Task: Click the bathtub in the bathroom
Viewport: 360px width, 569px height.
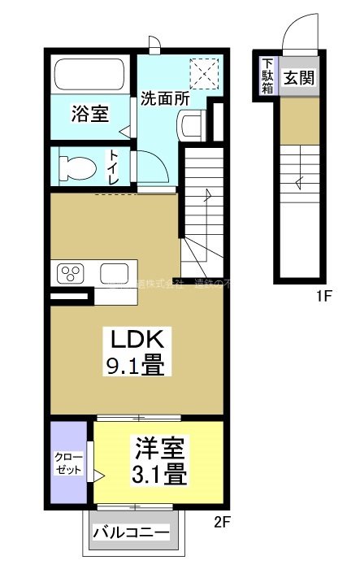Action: tap(89, 75)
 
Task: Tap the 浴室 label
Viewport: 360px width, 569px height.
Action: tap(89, 114)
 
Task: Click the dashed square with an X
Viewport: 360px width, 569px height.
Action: tap(204, 74)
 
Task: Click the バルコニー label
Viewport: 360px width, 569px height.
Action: tap(131, 534)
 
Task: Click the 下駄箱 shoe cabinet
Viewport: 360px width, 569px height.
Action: tap(267, 75)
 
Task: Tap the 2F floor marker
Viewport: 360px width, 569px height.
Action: tap(223, 521)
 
